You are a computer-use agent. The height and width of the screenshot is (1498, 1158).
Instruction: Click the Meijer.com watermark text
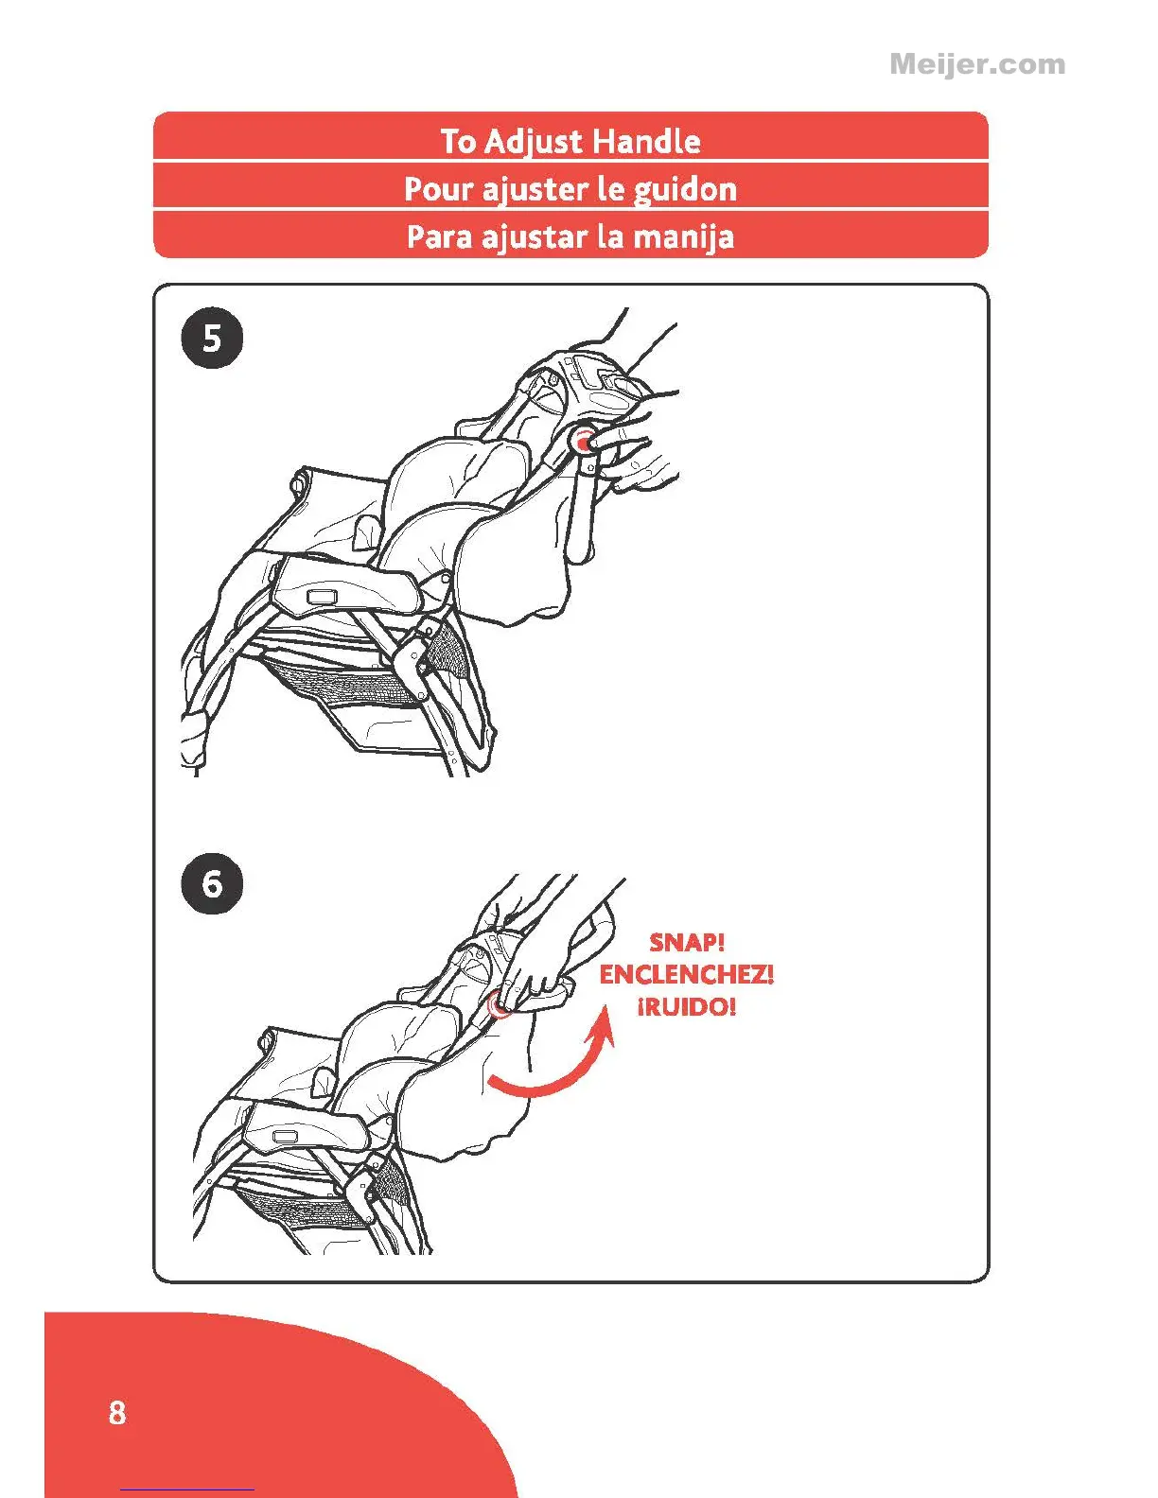[976, 64]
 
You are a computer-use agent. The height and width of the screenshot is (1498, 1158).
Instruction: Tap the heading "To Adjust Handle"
[570, 141]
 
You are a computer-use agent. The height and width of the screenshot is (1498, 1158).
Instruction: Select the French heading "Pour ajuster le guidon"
[570, 189]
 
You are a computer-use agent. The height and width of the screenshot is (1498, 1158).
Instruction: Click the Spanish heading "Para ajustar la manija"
[570, 236]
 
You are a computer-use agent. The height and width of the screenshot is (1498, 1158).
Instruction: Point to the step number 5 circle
[212, 338]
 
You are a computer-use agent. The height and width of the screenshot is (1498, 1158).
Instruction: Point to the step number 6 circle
[212, 884]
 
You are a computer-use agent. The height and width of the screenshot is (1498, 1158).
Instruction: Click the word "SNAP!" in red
[687, 943]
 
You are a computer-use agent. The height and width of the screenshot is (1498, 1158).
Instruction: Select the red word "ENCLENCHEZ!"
[687, 974]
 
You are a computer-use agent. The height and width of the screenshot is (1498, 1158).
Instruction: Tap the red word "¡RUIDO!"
[687, 1006]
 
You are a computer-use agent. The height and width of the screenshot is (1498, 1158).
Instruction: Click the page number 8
[116, 1412]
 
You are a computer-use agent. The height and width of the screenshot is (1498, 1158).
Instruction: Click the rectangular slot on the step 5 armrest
[324, 598]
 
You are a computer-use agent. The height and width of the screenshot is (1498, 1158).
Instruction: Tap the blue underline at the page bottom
[187, 1489]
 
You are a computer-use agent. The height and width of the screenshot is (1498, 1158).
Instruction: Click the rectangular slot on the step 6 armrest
[284, 1137]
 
